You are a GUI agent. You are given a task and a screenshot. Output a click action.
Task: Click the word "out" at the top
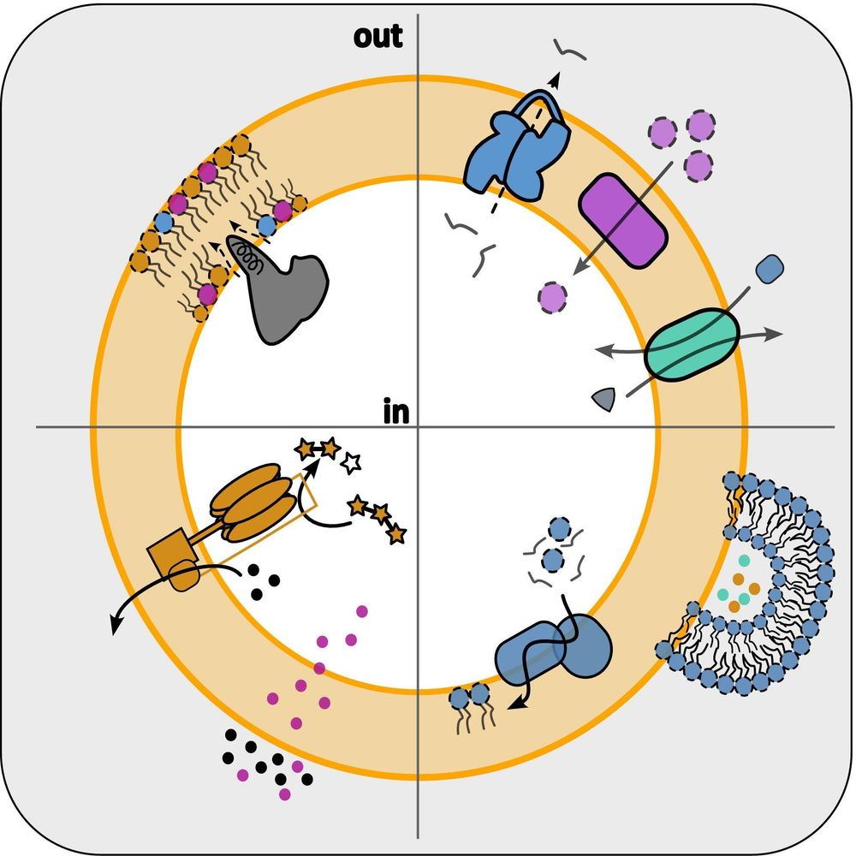377,37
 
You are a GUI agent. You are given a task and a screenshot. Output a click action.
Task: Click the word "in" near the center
395,413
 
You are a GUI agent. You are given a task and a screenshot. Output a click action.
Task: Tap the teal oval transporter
691,342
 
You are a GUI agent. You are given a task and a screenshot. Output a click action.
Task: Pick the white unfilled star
350,463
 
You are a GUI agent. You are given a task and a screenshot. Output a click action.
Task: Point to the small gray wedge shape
604,397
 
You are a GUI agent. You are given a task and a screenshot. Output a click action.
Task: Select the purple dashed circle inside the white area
553,297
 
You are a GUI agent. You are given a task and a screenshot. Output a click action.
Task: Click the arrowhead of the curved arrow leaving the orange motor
115,627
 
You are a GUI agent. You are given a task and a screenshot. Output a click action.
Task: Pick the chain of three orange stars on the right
377,518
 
